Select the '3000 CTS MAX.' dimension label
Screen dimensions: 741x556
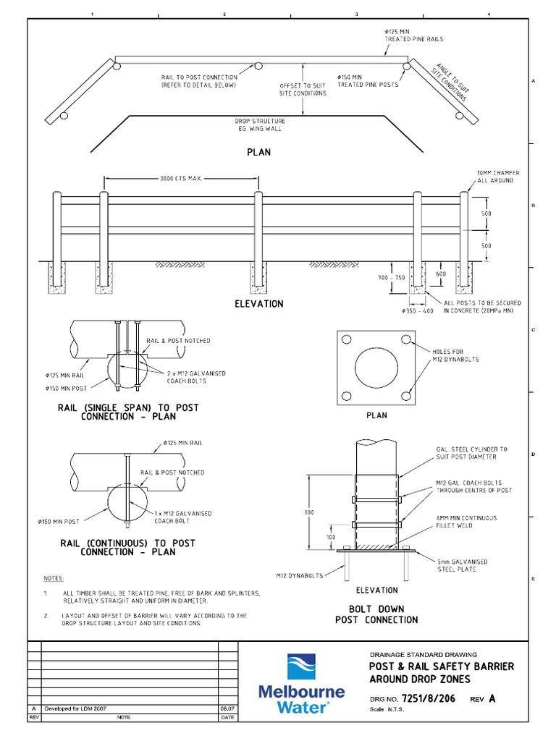point(180,179)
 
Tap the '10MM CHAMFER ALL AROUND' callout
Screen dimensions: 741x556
point(497,177)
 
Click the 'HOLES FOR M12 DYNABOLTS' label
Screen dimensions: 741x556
point(457,355)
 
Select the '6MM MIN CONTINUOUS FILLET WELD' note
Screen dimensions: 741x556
point(466,522)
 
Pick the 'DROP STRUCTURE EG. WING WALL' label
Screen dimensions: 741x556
point(259,125)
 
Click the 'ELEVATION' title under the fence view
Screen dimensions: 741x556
point(258,304)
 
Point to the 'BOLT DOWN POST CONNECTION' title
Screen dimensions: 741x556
point(376,614)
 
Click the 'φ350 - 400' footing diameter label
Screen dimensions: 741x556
point(417,310)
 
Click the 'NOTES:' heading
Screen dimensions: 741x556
point(54,579)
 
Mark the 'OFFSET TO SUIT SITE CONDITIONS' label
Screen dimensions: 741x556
point(303,90)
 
